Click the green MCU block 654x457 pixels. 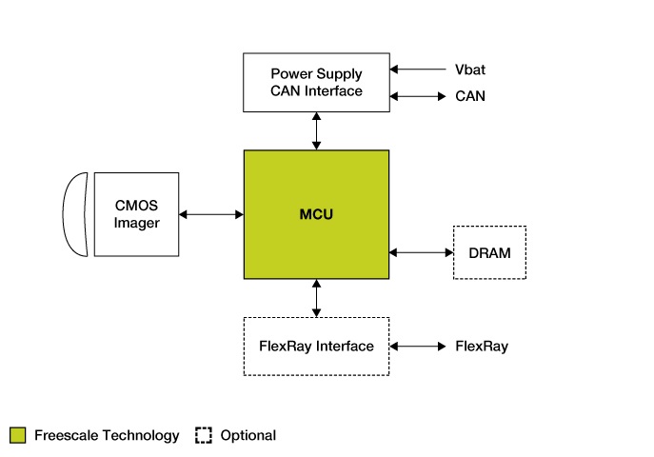click(x=316, y=214)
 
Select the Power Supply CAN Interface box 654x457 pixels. click(x=316, y=83)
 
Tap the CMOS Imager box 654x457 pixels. click(x=136, y=214)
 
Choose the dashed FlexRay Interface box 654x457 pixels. click(x=316, y=346)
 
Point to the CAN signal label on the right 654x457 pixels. click(x=470, y=96)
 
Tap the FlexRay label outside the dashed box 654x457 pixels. click(x=482, y=346)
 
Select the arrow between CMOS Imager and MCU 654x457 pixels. click(x=211, y=214)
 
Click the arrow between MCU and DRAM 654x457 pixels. click(x=421, y=252)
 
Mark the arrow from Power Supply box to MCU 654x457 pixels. click(x=316, y=130)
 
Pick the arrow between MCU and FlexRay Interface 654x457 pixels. click(x=316, y=298)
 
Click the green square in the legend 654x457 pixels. click(x=17, y=435)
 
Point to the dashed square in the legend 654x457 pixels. click(x=203, y=435)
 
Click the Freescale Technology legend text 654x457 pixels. click(x=107, y=435)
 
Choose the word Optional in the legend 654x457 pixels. click(x=248, y=435)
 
